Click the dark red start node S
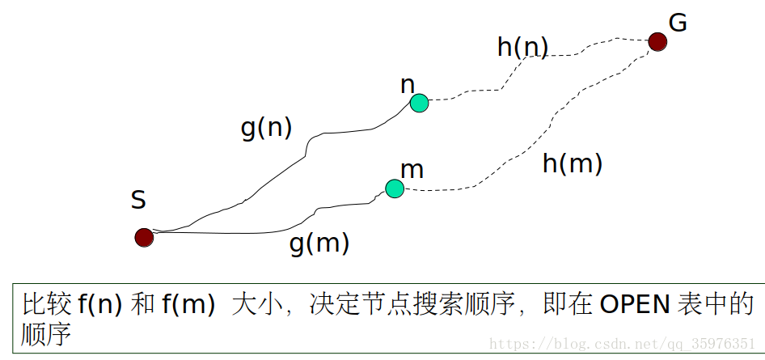(144, 237)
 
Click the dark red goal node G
(657, 41)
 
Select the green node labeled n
(419, 103)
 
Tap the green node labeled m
(394, 188)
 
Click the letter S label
(138, 200)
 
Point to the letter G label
(678, 23)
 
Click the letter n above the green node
(408, 84)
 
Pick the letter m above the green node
(412, 170)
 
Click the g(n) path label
(266, 128)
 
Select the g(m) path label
(319, 244)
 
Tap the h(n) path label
(522, 48)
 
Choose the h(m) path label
(573, 163)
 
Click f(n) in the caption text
(99, 305)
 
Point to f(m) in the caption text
(188, 305)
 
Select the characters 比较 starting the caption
(47, 305)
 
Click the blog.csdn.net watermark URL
(623, 345)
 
